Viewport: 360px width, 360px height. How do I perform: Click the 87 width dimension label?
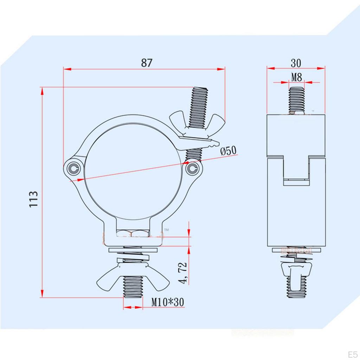pos(147,63)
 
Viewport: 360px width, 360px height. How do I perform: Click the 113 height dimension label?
pos(33,199)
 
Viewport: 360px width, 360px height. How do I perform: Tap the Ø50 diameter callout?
pos(229,151)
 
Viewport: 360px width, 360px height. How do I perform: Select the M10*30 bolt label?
pos(168,302)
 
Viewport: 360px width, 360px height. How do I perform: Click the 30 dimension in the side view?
pos(296,63)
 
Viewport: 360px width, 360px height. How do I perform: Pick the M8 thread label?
pos(296,77)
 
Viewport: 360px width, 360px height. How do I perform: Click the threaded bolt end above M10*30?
pos(133,288)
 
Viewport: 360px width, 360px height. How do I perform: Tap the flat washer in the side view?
pos(296,250)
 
